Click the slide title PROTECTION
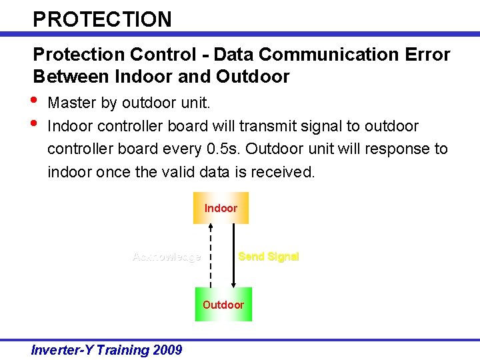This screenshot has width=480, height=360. pos(102,19)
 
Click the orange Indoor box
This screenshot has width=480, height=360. pos(221,208)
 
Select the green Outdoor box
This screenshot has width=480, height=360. pos(223,305)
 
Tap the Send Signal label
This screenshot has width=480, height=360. pos(269,257)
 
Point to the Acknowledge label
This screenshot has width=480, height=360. pos(167,257)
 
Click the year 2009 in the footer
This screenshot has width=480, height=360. pos(166,349)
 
